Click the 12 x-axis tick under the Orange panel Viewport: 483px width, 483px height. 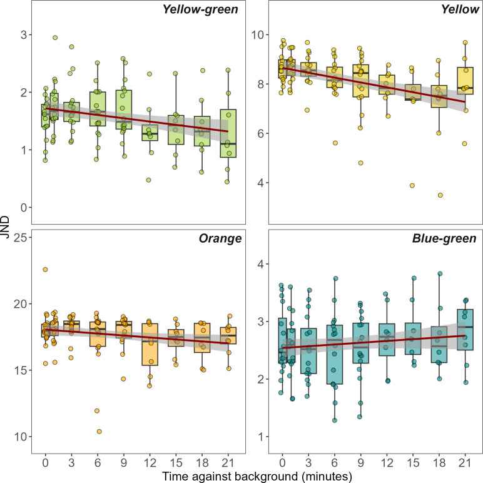149,463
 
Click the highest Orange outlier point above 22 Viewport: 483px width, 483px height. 45,270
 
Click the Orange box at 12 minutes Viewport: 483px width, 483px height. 150,344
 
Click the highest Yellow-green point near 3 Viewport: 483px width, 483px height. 55,38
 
